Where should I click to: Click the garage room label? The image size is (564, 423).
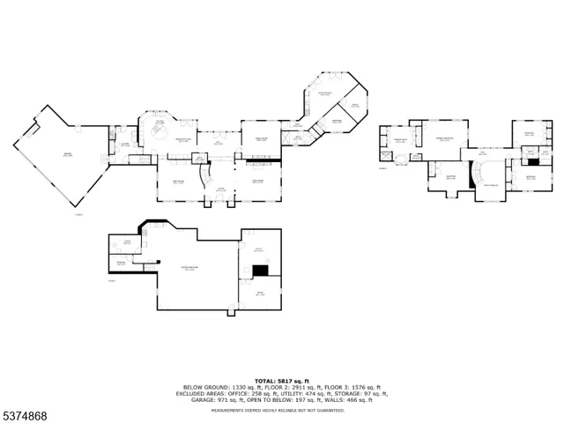(x=67, y=154)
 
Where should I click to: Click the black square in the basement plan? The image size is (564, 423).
(x=260, y=271)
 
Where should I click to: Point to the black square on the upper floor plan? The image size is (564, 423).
(x=533, y=161)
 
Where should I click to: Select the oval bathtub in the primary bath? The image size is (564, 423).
(x=403, y=159)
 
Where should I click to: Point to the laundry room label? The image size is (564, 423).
(x=126, y=145)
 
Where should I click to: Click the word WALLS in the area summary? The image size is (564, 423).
(x=338, y=399)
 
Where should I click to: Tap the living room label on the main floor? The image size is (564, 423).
(x=258, y=182)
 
